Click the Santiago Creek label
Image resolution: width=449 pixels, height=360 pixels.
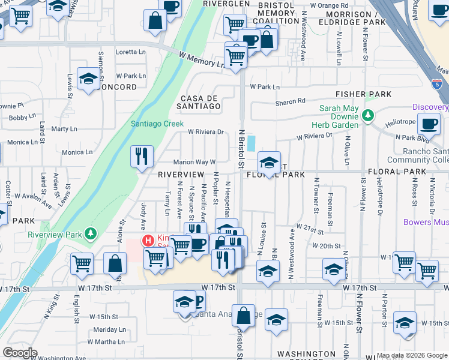click(157, 124)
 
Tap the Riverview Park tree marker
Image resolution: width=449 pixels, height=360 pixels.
click(91, 233)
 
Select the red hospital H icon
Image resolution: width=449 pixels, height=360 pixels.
click(147, 241)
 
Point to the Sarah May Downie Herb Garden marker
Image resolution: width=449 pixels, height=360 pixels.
click(367, 115)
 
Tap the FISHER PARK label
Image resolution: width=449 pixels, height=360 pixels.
click(364, 94)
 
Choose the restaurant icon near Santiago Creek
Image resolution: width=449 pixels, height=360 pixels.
click(142, 157)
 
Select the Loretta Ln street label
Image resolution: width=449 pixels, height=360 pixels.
click(131, 52)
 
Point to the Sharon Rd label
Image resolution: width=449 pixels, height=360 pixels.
click(291, 101)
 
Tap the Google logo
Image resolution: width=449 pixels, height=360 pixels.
click(20, 353)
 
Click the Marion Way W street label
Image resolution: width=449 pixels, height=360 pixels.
click(194, 162)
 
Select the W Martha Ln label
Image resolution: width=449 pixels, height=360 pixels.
click(110, 341)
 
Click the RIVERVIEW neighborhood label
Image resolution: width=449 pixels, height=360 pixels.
click(181, 174)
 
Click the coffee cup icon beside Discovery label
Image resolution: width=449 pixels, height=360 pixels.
click(430, 124)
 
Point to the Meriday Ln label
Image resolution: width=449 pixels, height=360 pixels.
click(110, 329)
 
